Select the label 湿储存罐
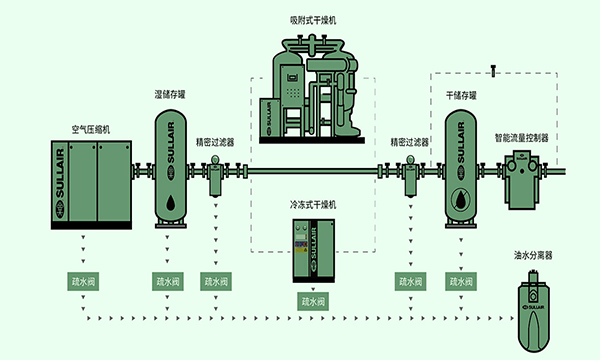tap(170, 95)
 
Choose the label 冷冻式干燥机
tap(313, 204)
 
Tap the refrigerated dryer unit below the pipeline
tap(312, 250)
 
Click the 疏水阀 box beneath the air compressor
tap(82, 281)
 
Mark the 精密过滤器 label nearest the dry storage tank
tap(409, 142)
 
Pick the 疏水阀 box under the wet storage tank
tap(167, 281)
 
